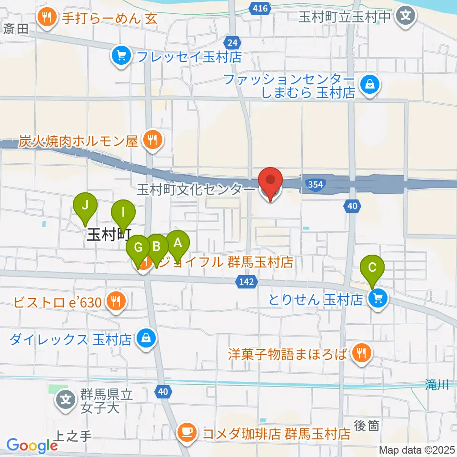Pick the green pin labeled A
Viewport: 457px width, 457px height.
pyautogui.click(x=178, y=244)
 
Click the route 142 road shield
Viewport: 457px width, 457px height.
pyautogui.click(x=243, y=282)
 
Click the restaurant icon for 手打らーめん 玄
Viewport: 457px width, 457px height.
pyautogui.click(x=47, y=18)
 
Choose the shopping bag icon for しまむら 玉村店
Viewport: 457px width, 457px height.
pyautogui.click(x=369, y=85)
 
